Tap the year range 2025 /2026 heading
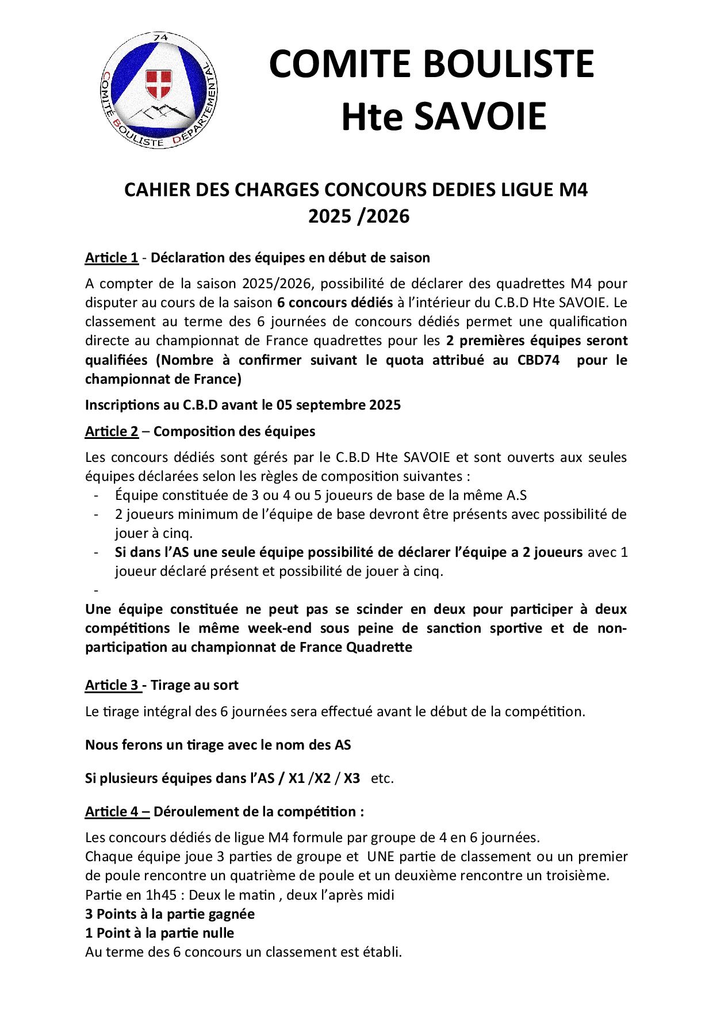tap(359, 216)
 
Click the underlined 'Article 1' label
tap(112, 258)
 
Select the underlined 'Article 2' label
tap(112, 431)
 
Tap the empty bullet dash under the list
tap(95, 591)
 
